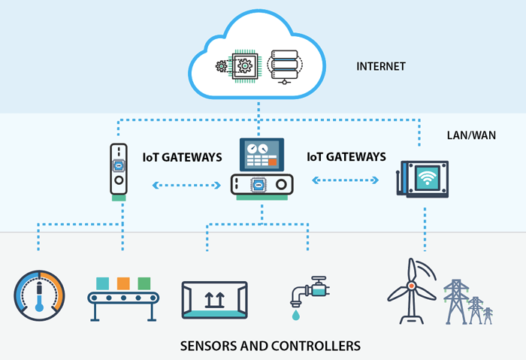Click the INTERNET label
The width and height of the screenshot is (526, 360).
381,66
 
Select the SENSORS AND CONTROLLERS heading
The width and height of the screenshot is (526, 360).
271,346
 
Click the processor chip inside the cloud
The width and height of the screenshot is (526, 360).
243,66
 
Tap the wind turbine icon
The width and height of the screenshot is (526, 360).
413,289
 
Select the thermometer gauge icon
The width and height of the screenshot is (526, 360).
40,295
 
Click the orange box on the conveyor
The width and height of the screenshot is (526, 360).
123,283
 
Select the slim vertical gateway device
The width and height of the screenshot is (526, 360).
117,170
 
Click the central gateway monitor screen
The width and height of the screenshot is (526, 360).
261,155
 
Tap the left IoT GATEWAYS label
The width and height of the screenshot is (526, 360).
183,158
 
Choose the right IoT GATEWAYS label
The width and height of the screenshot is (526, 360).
347,158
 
